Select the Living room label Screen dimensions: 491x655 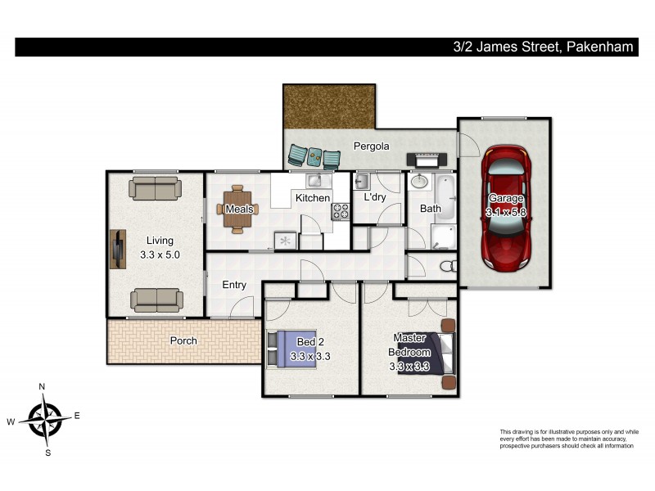click(x=160, y=241)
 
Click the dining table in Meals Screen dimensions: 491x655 click(x=237, y=209)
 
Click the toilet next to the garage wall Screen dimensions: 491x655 click(x=447, y=266)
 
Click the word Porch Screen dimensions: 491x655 click(x=183, y=340)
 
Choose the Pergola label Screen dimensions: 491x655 click(x=371, y=146)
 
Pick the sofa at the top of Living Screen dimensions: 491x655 click(x=154, y=188)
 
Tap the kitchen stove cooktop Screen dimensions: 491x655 click(x=339, y=211)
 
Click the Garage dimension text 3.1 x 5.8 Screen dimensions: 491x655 click(x=504, y=212)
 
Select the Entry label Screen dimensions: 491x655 click(x=234, y=285)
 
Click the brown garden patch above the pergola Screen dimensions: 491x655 click(x=329, y=106)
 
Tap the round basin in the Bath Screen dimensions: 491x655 click(x=420, y=181)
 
